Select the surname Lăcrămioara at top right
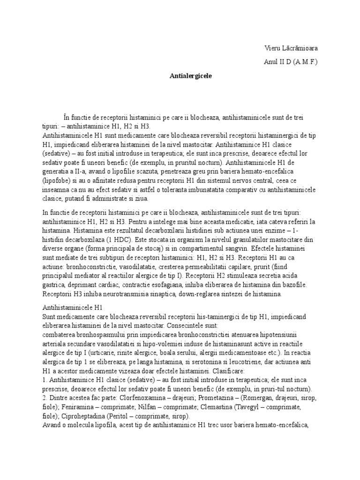coord(302,48)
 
